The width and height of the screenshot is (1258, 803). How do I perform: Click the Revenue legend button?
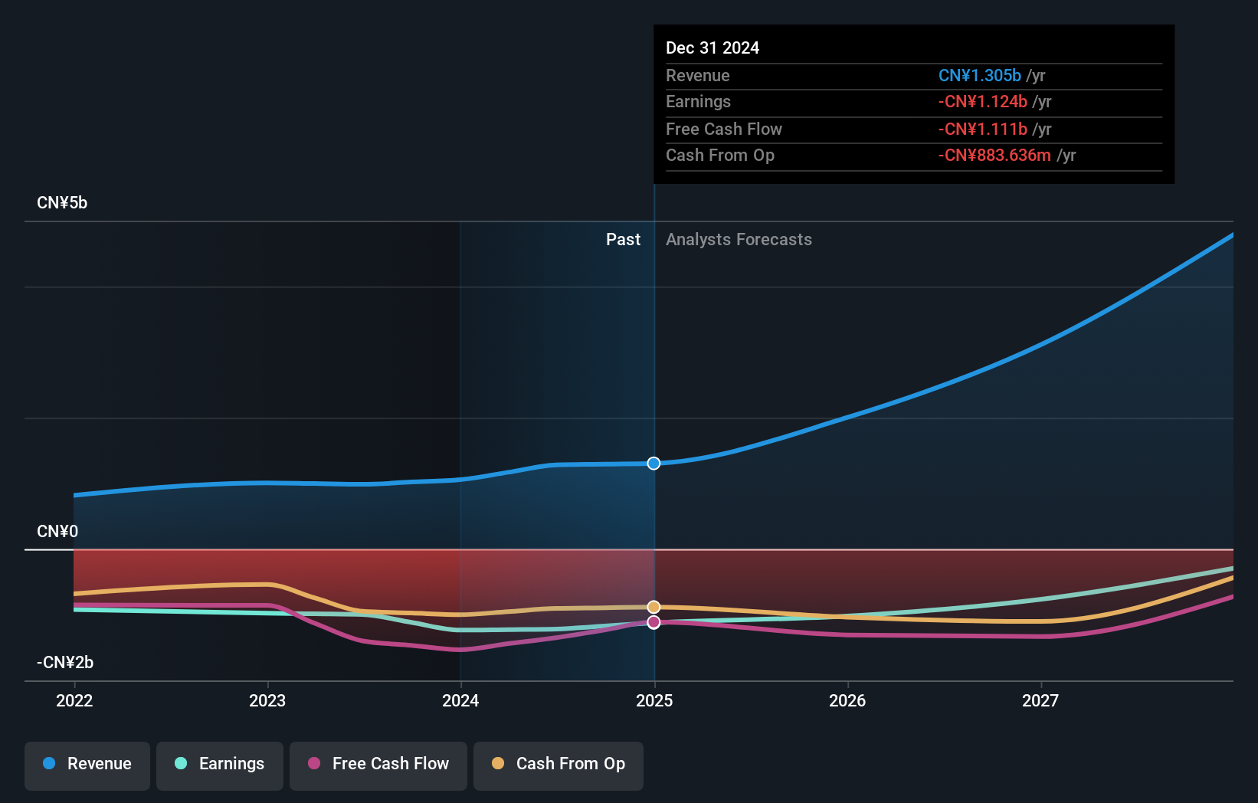[x=87, y=765]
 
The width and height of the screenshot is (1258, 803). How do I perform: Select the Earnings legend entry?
[x=220, y=765]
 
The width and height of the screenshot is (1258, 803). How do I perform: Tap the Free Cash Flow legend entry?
[x=378, y=765]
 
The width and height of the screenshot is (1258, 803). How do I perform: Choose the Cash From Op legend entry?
[x=559, y=765]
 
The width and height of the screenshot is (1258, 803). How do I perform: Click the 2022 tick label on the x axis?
[x=74, y=700]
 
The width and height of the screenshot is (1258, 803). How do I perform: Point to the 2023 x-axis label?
[x=267, y=700]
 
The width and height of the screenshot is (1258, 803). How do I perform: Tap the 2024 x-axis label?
[x=460, y=700]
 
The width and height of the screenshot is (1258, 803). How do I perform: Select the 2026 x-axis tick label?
[x=847, y=700]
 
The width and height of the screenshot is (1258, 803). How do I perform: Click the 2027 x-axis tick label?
[x=1040, y=700]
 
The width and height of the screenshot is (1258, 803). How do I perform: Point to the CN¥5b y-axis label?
[x=62, y=203]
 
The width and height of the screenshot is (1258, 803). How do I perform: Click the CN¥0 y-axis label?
[x=57, y=532]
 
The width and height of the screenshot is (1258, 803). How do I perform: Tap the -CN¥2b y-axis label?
[x=65, y=663]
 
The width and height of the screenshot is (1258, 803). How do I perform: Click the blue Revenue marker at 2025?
[x=654, y=464]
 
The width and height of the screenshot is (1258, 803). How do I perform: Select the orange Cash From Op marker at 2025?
[x=654, y=607]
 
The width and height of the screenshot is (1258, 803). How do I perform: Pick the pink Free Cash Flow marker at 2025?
[x=654, y=622]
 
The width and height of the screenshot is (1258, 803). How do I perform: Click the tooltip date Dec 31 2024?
[x=713, y=48]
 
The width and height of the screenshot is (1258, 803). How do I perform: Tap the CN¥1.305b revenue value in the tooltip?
[x=979, y=76]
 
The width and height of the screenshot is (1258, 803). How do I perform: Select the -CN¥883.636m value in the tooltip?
[x=994, y=156]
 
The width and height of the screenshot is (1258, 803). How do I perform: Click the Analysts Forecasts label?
[x=739, y=240]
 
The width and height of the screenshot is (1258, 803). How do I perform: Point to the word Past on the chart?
[x=623, y=240]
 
